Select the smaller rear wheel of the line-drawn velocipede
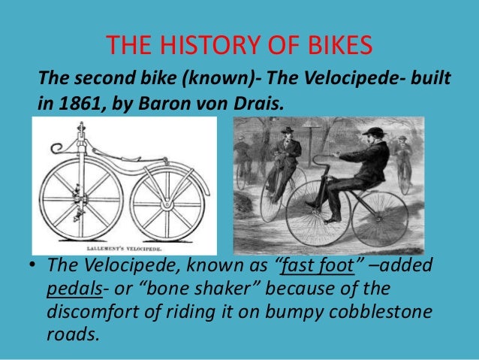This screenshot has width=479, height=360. pos(166,204)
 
